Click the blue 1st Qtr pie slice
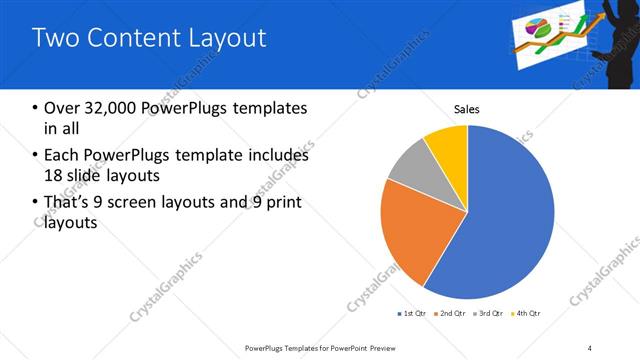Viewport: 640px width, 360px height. point(505,220)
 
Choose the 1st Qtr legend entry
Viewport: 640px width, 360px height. point(412,314)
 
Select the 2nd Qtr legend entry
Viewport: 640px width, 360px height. point(451,314)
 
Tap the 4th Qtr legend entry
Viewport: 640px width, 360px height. point(528,314)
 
